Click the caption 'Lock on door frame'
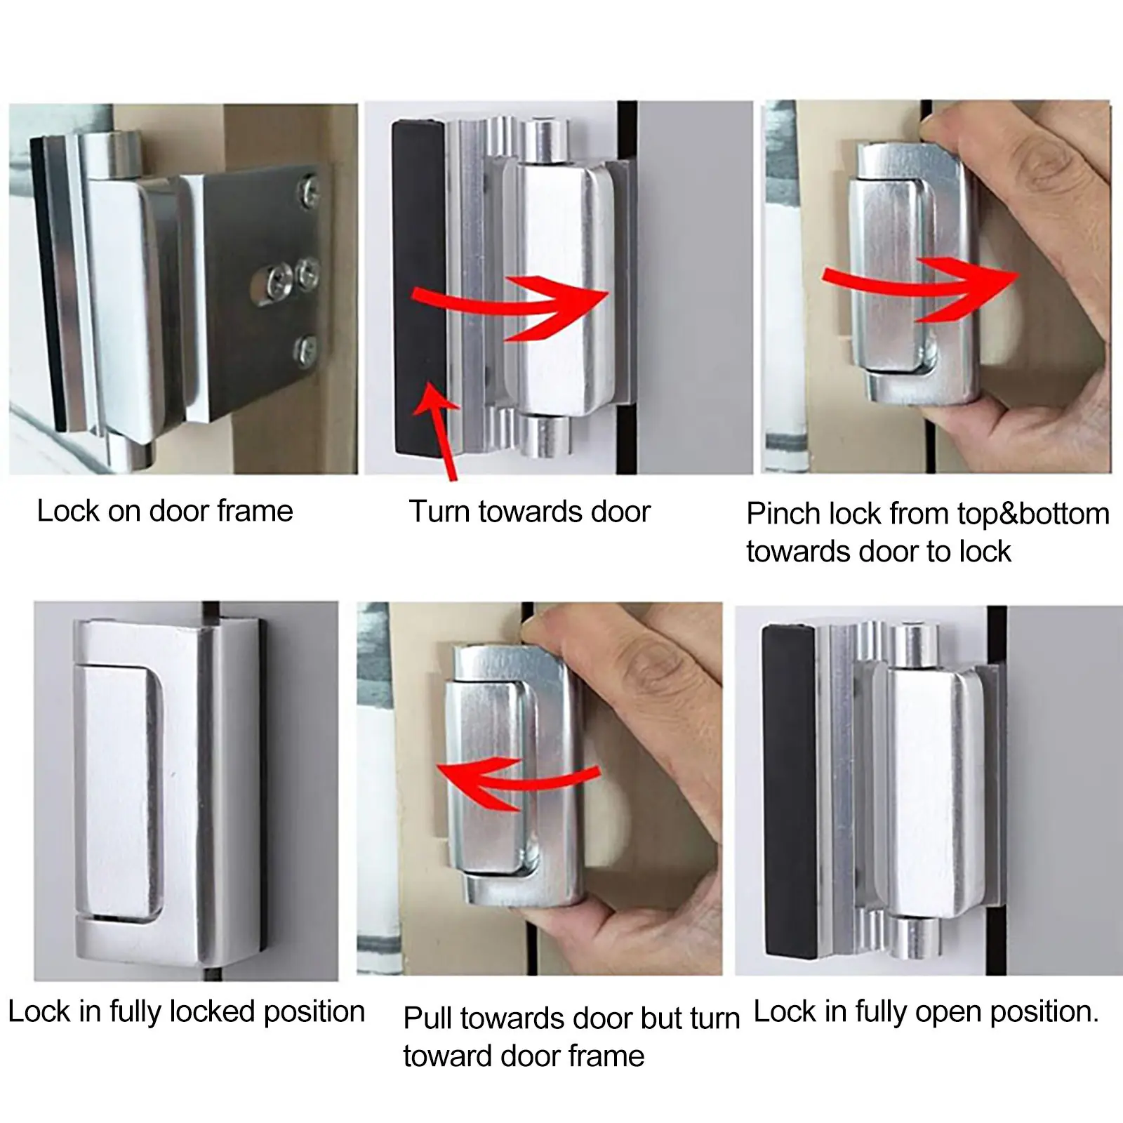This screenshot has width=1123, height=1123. click(165, 511)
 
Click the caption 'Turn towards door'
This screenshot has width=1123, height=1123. click(530, 512)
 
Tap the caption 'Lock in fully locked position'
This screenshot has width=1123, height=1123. click(187, 1012)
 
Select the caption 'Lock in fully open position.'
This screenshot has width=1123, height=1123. click(926, 1012)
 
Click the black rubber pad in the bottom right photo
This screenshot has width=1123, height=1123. click(790, 790)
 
